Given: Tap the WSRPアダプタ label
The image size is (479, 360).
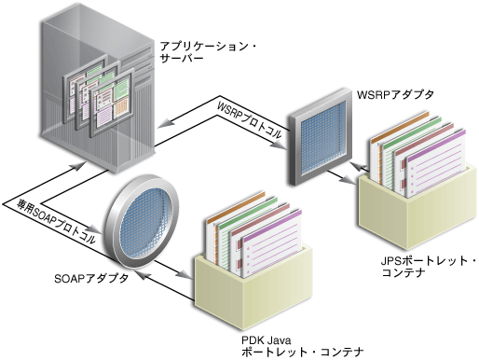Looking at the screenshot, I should (x=395, y=95).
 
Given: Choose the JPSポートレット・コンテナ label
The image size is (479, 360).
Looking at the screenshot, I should (x=417, y=265).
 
